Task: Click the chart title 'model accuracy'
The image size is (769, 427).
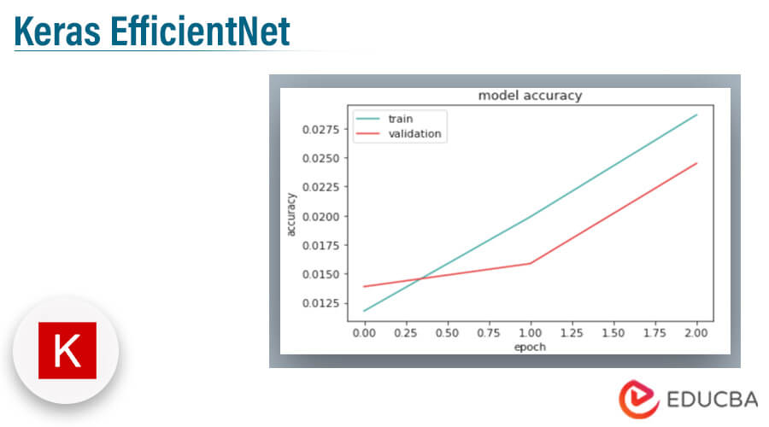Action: (x=530, y=96)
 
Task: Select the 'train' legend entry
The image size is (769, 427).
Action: (x=400, y=119)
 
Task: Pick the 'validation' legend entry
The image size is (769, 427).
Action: (x=414, y=134)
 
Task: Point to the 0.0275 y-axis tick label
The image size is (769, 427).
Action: (x=320, y=130)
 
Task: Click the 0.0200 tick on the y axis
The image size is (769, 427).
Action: (x=320, y=217)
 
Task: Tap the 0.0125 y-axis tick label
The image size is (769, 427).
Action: (x=320, y=303)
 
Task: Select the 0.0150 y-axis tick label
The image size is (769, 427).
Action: (x=320, y=274)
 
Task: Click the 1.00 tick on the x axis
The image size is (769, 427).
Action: (x=530, y=333)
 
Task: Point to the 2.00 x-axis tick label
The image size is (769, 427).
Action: (x=696, y=333)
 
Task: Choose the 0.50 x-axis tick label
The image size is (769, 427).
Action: (x=447, y=333)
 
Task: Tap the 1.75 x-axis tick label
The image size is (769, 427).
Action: (x=655, y=333)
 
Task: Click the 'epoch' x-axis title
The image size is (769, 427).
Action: (x=530, y=347)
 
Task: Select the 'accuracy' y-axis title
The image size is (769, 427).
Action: (x=291, y=214)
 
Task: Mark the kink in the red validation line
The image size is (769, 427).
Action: (x=530, y=263)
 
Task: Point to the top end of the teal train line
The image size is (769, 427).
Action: (x=696, y=114)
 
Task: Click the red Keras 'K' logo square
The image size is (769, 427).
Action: (x=68, y=350)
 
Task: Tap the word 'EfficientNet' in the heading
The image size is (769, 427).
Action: (x=200, y=32)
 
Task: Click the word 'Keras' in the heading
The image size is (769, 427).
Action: (x=57, y=32)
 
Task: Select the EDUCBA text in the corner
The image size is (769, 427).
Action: (x=712, y=400)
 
